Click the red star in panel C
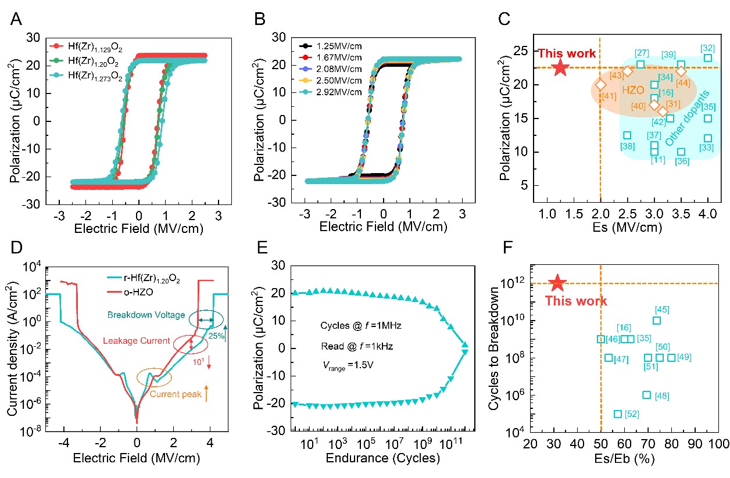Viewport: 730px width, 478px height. pyautogui.click(x=560, y=67)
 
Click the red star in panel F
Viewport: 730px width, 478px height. pyautogui.click(x=557, y=283)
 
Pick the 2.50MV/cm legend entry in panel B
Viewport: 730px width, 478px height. pyautogui.click(x=340, y=81)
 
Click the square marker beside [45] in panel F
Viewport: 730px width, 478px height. pyautogui.click(x=657, y=321)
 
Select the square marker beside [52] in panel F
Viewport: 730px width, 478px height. pyautogui.click(x=618, y=414)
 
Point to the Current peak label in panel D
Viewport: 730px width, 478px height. pyautogui.click(x=176, y=395)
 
